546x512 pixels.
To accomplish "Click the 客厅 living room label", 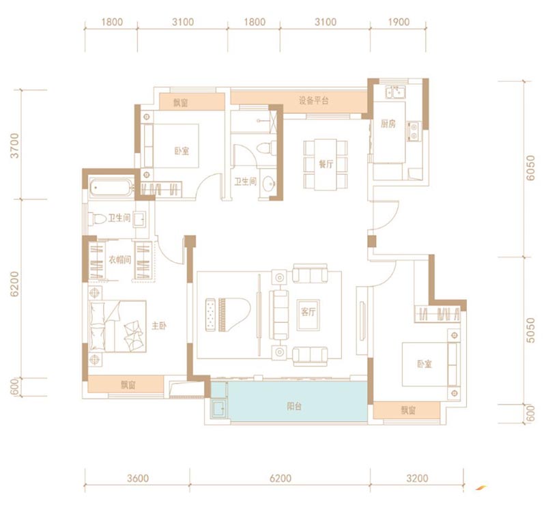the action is [308, 312].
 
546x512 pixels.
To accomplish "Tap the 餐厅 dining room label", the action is [326, 164].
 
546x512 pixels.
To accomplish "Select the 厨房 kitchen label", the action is [388, 124].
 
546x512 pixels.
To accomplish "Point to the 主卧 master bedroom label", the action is [159, 326].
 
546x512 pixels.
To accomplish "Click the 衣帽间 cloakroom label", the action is [120, 259].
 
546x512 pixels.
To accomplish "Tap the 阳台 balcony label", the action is [294, 406].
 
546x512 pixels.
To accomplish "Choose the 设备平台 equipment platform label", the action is [314, 100].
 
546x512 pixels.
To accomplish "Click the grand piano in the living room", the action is [234, 314].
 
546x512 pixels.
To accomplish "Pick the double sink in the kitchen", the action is [395, 93].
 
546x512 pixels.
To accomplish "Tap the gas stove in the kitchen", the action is [414, 131].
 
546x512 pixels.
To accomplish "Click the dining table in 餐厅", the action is [326, 165].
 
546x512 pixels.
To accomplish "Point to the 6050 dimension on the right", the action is [530, 168].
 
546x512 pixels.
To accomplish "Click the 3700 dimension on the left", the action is [14, 145].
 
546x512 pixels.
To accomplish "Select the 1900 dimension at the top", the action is [399, 23].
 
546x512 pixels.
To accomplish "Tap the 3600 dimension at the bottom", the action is [138, 478].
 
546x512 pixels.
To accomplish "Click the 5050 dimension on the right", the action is [530, 330].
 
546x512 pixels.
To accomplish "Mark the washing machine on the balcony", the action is [218, 408].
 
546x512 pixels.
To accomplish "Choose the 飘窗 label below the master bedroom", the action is [128, 385].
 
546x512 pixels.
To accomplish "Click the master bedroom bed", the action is [117, 326].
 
